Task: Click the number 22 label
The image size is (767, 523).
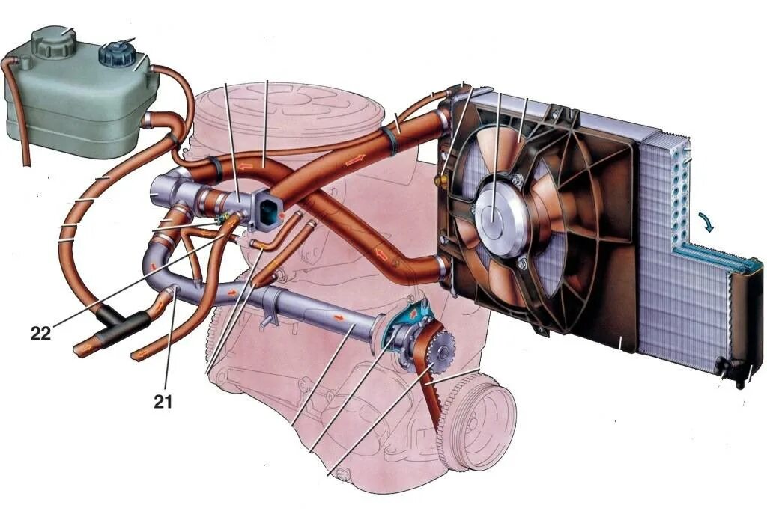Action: tap(40, 333)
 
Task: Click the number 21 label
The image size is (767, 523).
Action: tap(163, 402)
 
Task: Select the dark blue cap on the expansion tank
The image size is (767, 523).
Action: tap(115, 54)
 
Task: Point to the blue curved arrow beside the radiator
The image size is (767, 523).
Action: tap(706, 222)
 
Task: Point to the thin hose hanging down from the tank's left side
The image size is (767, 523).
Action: tap(22, 120)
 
